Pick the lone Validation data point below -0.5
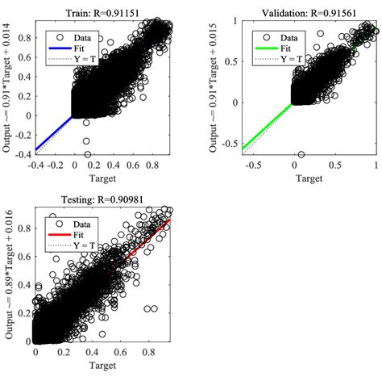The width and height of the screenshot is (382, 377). (x=301, y=154)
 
